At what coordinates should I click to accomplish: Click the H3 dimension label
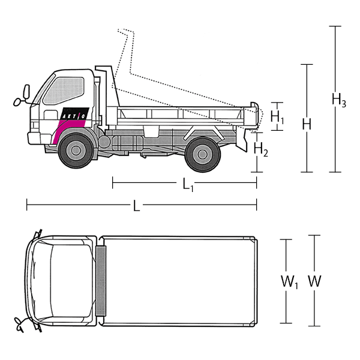pos(339,100)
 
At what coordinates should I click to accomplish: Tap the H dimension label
pos(307,124)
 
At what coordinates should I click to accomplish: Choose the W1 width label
pos(289,281)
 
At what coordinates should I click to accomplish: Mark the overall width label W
pos(314,280)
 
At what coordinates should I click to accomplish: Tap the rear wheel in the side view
pos(202,154)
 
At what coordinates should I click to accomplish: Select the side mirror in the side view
pos(26,92)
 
